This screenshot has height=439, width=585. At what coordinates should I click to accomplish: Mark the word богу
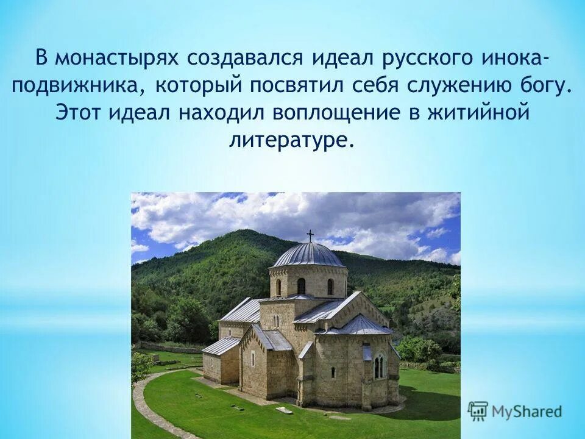[x=548, y=86]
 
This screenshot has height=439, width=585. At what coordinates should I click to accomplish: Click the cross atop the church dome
[x=310, y=235]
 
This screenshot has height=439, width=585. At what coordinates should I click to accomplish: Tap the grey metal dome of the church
[x=308, y=255]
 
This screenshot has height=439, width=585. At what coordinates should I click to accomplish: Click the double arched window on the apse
[x=379, y=366]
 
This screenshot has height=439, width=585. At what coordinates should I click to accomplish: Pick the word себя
[x=372, y=86]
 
